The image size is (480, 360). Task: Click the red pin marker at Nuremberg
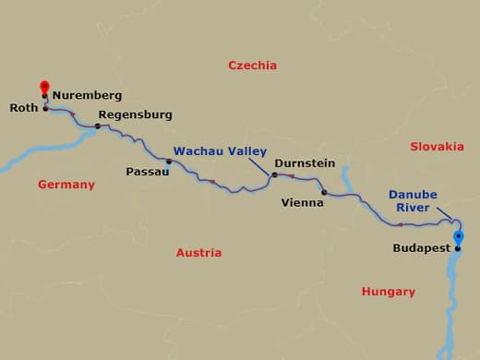tap(43, 88)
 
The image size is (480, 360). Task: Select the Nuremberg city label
tap(87, 94)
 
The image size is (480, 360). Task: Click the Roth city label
tap(23, 108)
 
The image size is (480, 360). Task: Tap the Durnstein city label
tap(305, 162)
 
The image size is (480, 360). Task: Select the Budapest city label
tap(421, 248)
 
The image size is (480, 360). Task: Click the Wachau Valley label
tap(220, 150)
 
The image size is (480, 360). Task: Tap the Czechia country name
tap(253, 66)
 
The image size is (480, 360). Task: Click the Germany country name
tap(66, 185)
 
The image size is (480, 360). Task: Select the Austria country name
tap(198, 252)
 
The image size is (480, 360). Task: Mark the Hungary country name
tap(389, 292)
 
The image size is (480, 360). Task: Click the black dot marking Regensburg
tap(97, 126)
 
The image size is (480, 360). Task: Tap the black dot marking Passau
tap(168, 162)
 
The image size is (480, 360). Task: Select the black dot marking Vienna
tap(324, 193)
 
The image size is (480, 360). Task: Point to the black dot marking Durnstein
tap(274, 174)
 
